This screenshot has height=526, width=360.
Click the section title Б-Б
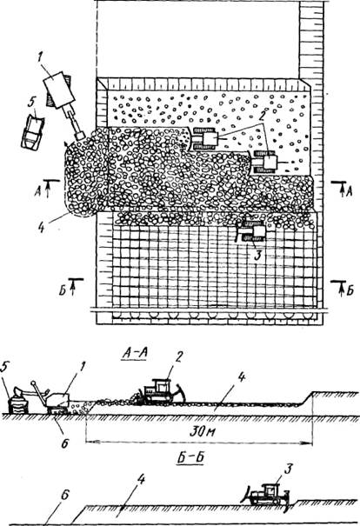[190, 457]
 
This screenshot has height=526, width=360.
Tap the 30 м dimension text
[203, 431]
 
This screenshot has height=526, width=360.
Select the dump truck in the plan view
[32, 133]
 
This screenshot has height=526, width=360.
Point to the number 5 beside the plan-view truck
[31, 103]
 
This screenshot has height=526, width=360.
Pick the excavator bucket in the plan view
[81, 136]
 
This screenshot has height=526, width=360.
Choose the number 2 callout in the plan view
[262, 117]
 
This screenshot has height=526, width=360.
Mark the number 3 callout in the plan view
[257, 256]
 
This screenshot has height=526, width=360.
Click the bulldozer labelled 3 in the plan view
[250, 231]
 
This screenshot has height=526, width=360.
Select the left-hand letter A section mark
[38, 191]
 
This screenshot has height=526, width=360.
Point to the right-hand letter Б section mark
[350, 290]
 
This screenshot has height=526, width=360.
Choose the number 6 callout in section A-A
[64, 443]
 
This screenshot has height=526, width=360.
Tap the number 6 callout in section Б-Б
[64, 496]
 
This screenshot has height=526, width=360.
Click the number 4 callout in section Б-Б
[141, 481]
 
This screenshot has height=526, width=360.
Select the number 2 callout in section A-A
[178, 358]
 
